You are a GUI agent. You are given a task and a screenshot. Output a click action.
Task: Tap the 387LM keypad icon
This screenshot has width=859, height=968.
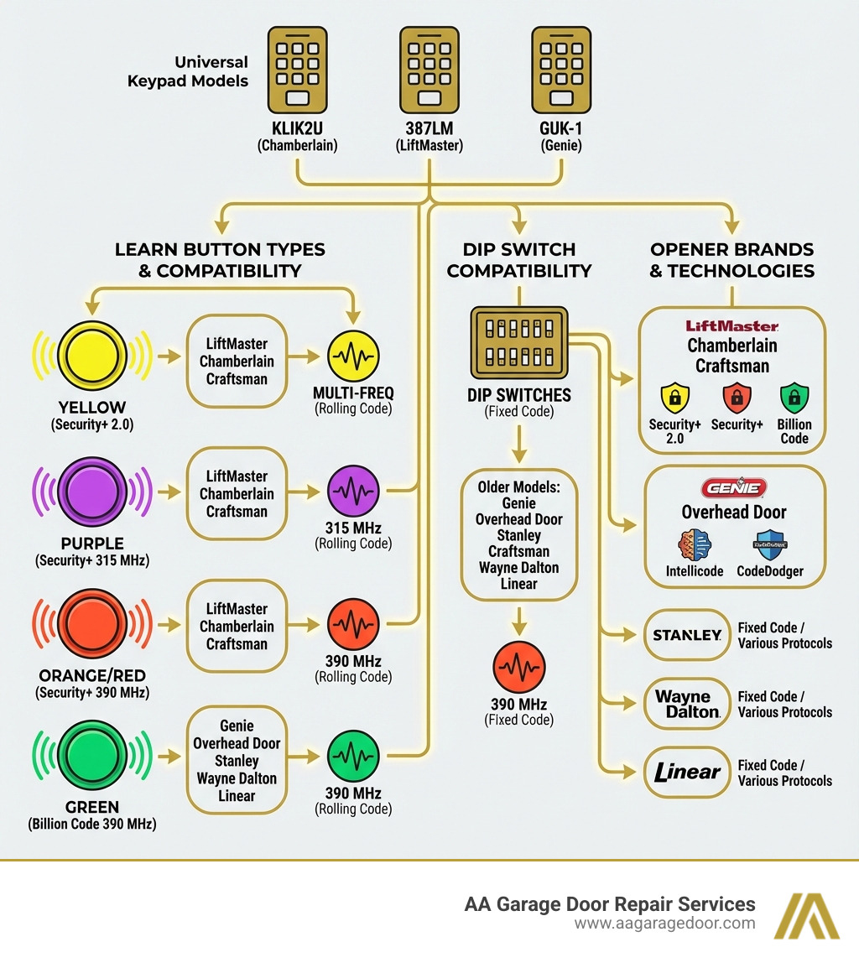coord(429,69)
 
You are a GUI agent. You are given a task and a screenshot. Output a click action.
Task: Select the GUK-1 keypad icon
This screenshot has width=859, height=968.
coord(561,69)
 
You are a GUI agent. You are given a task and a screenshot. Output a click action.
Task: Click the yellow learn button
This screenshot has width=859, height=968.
coord(92,356)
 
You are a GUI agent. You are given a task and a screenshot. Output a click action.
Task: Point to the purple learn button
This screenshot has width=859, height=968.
coord(92,489)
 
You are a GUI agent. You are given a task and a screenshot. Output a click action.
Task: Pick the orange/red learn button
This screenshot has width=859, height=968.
coord(92,623)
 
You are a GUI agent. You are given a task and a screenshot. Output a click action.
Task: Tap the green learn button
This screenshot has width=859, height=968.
coord(92,756)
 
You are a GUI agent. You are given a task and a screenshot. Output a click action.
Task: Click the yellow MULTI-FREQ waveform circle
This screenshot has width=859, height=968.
coord(352,357)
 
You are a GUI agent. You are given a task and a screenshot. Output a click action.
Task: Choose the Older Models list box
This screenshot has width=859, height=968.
coord(518,535)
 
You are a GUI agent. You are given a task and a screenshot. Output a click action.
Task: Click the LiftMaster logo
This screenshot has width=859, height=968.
coord(732,326)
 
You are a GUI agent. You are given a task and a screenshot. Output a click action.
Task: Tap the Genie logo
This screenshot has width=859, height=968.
coord(734,488)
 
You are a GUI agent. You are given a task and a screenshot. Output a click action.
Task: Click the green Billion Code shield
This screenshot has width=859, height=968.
coord(794,396)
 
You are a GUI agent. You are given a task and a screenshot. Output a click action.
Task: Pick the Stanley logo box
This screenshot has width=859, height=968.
coord(687,635)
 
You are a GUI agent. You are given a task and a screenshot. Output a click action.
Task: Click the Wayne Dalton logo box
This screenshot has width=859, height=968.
coord(687,704)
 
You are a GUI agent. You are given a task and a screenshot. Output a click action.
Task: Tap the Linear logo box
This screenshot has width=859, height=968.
coord(687,773)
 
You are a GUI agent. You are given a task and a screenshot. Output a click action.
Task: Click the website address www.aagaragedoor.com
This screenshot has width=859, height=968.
coord(664,924)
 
